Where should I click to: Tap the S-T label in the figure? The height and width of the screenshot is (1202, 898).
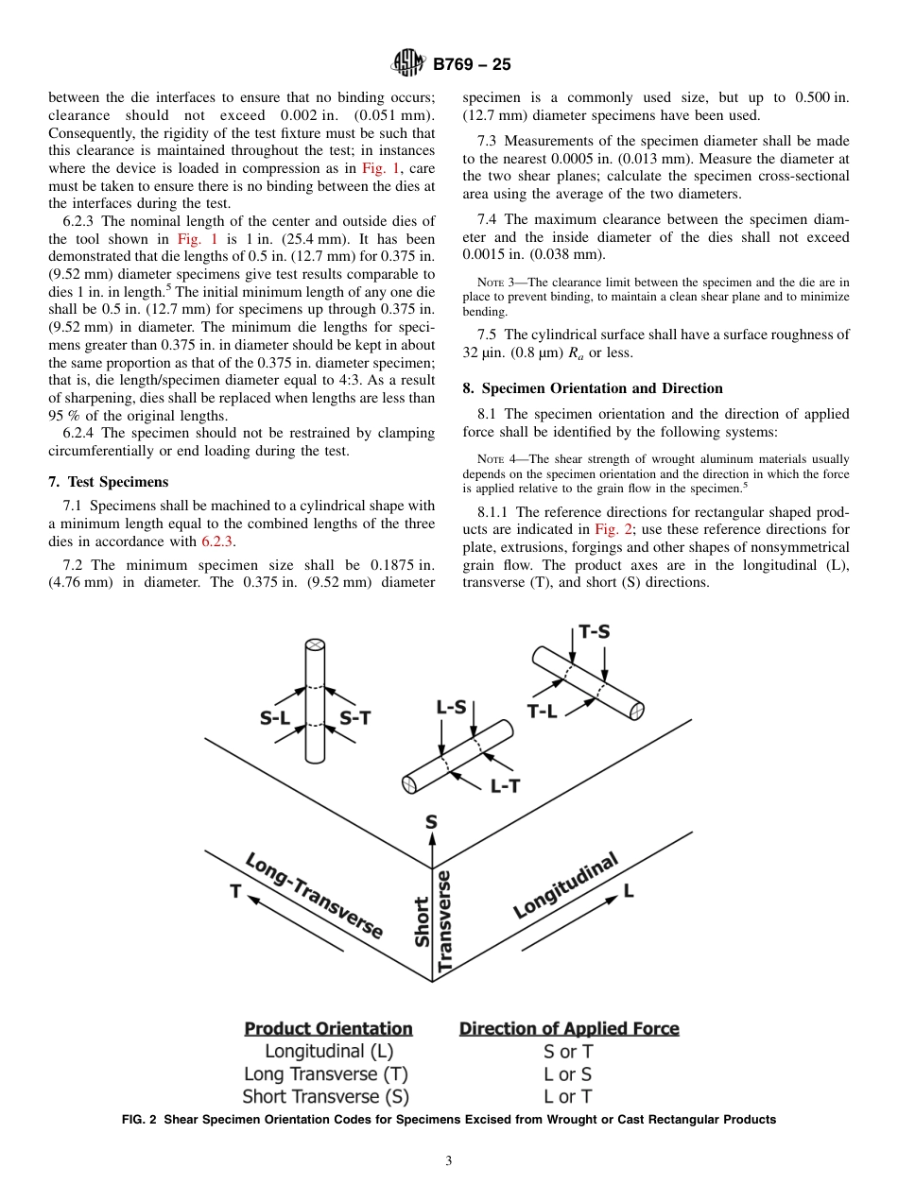(354, 718)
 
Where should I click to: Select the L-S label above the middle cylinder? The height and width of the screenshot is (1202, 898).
(451, 707)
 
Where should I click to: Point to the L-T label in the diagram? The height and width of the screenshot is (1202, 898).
(505, 785)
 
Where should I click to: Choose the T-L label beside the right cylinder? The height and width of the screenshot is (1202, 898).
(543, 712)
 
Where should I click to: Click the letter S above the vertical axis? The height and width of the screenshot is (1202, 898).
(431, 821)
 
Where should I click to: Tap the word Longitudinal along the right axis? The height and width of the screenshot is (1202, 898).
(565, 885)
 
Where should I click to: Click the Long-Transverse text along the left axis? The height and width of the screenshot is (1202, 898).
(314, 896)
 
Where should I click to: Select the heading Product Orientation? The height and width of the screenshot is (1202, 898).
(328, 1028)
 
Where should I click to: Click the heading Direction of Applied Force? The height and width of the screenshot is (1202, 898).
(569, 1028)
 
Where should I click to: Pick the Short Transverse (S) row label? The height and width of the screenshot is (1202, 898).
(326, 1097)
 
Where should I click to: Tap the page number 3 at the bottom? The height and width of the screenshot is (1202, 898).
(449, 1161)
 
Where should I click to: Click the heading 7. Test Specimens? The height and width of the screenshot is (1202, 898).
(108, 482)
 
